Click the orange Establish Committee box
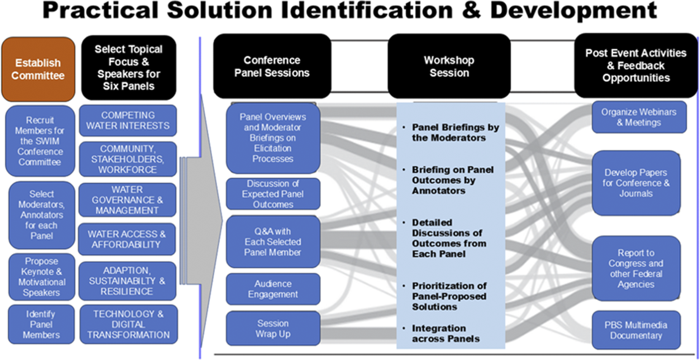38,69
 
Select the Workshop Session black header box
449,66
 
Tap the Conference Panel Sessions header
272,66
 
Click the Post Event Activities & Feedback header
635,66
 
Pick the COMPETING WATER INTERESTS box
128,120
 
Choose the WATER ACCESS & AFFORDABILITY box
126,239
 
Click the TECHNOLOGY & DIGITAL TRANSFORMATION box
128,324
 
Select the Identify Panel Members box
41,324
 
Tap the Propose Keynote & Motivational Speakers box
41,277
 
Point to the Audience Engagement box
272,289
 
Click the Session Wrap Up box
272,328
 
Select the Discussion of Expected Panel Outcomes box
272,194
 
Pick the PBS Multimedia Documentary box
636,330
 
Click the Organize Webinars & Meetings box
639,117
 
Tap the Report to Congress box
636,269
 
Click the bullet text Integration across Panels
445,333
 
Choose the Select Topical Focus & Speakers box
128,68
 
